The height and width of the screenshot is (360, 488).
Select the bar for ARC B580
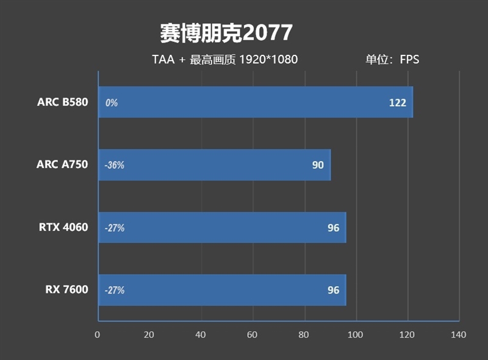point(256,102)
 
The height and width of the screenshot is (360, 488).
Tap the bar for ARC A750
point(214,165)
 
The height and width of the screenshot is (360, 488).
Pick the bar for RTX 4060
point(222,228)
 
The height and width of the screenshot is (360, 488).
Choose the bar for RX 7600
point(222,290)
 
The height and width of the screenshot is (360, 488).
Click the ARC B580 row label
point(62,102)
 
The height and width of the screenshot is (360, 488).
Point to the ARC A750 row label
point(62,165)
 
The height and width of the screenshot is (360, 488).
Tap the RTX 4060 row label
point(63,228)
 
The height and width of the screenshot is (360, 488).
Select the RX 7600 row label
point(66,290)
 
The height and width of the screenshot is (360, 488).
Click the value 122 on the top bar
point(397,103)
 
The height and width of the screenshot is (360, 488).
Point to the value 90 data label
point(318,165)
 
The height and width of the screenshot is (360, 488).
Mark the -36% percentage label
point(114,165)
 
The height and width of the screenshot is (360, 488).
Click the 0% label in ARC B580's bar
point(111,103)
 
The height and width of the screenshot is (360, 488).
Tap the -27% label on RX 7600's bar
point(114,291)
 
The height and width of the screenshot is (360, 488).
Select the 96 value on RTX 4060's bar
point(333,228)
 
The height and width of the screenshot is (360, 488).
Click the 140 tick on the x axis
point(458,334)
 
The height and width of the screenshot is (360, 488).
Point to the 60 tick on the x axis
point(253,334)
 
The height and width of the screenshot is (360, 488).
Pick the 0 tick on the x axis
point(98,334)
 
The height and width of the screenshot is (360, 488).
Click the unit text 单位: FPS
point(392,60)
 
